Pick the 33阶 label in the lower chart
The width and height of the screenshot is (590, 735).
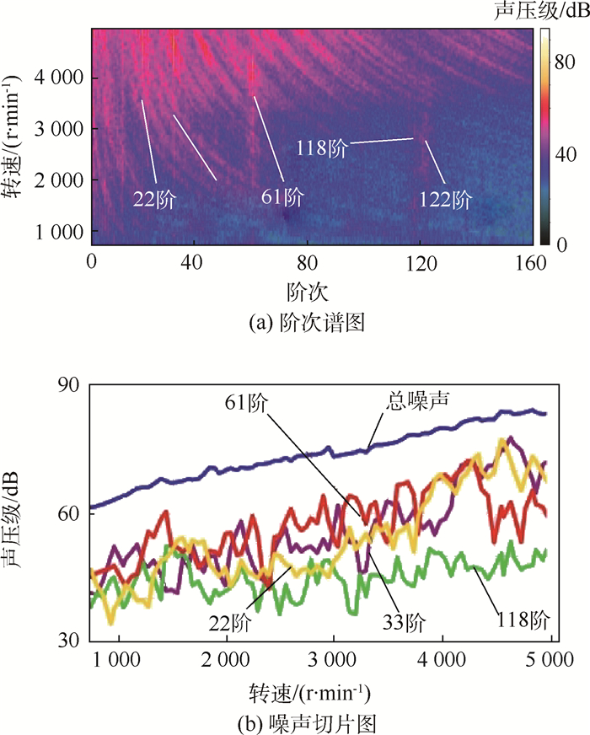(403, 623)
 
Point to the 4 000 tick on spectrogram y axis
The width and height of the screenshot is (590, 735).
(57, 78)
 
